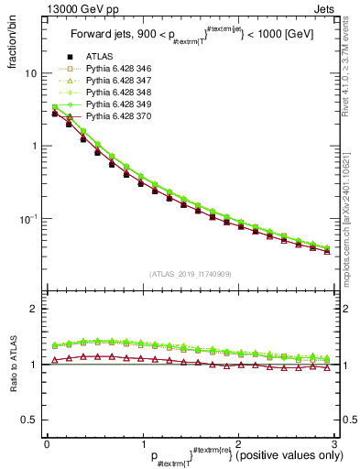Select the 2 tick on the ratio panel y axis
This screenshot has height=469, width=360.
coord(33,309)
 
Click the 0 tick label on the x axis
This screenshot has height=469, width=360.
coord(48,444)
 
